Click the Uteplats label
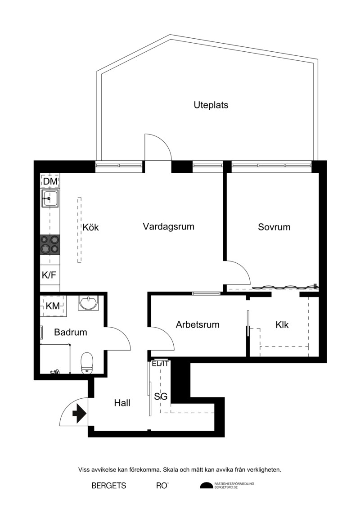[211, 105]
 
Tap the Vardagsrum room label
[168, 226]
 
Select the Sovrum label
[274, 227]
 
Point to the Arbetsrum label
[198, 324]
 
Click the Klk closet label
[282, 324]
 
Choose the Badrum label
[71, 332]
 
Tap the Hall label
[122, 403]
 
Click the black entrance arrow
[79, 414]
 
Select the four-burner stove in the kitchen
[50, 245]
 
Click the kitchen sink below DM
[50, 198]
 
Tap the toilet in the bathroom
[87, 363]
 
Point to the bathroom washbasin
[88, 303]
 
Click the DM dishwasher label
[50, 181]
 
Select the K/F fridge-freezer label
[49, 275]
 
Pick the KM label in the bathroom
[53, 306]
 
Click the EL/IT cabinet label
[160, 364]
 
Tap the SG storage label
[161, 396]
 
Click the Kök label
[90, 227]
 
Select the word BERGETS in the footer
[109, 486]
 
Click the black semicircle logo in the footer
[206, 486]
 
